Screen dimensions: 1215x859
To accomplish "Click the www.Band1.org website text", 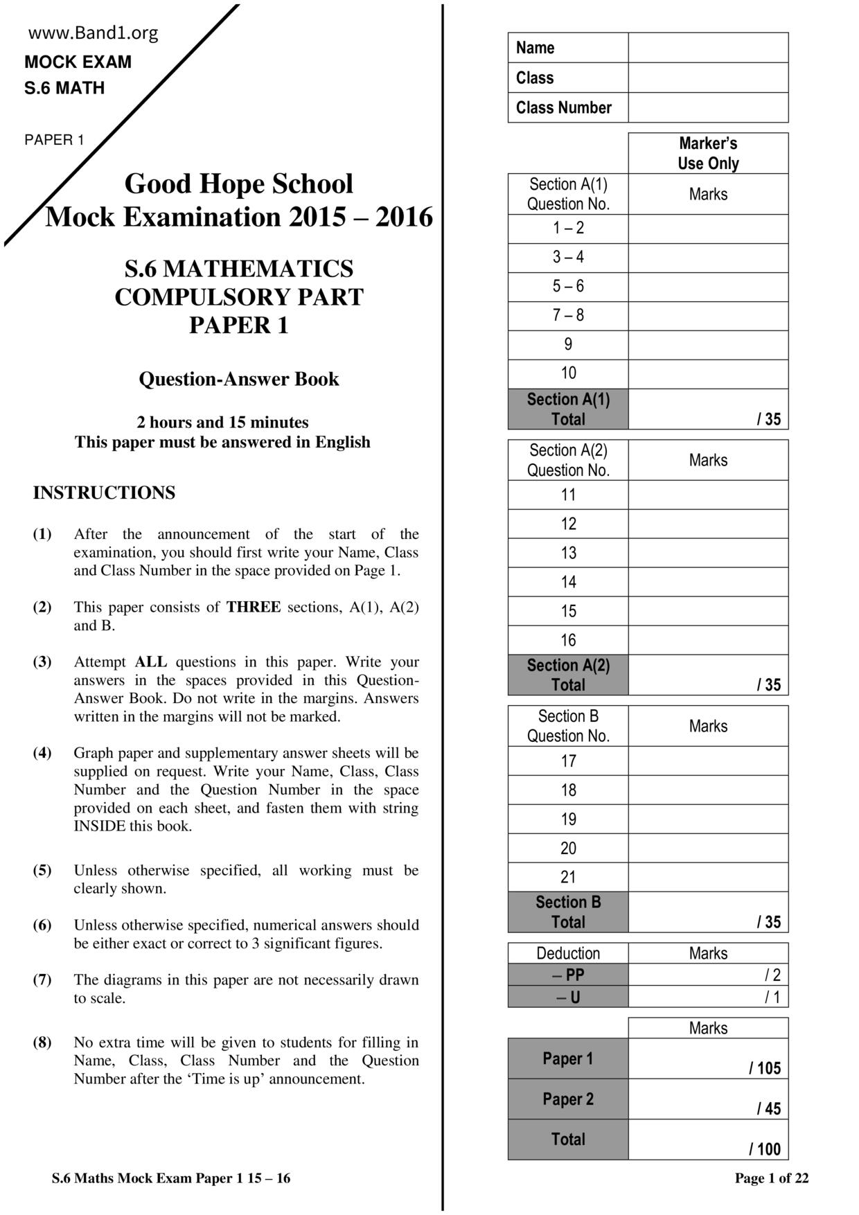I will point(93,33).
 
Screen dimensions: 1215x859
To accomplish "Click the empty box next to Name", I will point(707,48).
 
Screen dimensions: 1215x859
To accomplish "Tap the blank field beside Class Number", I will point(707,107).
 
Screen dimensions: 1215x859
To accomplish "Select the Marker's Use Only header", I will point(707,153).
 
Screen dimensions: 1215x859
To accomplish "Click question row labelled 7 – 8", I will point(568,315).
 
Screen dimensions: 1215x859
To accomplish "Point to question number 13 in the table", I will point(568,553).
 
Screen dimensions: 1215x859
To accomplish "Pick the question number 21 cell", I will point(568,877).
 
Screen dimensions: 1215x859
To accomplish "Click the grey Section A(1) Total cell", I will point(568,409).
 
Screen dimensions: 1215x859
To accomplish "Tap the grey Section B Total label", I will point(568,912).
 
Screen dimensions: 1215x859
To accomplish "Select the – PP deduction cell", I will point(568,975).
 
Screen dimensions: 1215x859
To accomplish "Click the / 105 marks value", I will point(764,1067).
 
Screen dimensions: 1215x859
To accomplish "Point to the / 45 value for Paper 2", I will point(768,1108).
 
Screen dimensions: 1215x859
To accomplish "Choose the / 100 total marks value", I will point(764,1149).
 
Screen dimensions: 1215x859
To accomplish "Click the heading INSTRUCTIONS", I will point(104,493).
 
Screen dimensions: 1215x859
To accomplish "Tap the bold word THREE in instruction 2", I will point(254,607).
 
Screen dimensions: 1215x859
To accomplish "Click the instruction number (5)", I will point(42,870).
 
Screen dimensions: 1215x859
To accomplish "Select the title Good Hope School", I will point(238,184).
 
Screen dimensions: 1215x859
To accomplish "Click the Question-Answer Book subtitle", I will point(238,379).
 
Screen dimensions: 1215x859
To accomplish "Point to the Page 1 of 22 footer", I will point(771,1178).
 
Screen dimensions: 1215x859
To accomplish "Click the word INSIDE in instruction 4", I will point(100,826).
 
